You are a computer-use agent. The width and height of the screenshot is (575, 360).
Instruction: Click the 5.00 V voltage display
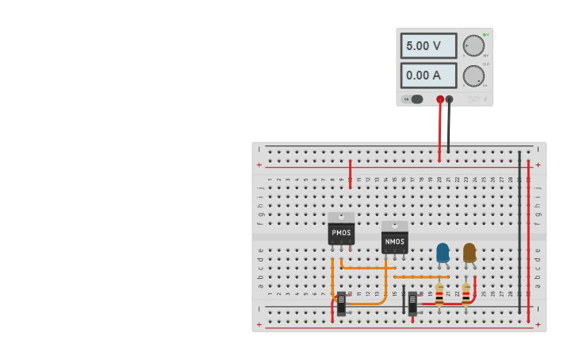tap(427, 46)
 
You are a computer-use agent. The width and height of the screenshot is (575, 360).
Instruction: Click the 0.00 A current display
tap(427, 75)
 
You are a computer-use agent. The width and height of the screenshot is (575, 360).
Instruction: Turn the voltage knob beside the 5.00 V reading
tap(473, 46)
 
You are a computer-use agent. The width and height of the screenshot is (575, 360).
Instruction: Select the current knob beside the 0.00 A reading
tap(473, 75)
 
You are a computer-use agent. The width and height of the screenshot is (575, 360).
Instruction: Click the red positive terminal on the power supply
tap(440, 99)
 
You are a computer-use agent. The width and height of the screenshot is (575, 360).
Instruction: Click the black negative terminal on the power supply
tap(450, 99)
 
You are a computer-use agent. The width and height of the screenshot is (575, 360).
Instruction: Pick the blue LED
tap(443, 253)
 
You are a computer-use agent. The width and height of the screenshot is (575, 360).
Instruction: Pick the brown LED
tap(470, 253)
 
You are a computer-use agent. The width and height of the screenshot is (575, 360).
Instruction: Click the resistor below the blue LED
tap(439, 294)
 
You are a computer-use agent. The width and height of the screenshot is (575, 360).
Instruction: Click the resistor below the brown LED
tap(466, 294)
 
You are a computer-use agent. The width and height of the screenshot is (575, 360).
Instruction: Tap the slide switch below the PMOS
tap(342, 304)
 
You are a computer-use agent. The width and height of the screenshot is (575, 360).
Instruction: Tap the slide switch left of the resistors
tap(412, 304)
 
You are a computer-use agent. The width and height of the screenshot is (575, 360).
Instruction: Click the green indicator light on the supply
tap(484, 35)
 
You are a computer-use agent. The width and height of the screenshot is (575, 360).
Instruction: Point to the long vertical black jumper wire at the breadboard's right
tap(519, 230)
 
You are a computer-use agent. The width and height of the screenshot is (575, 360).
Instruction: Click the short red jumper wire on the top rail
tap(350, 173)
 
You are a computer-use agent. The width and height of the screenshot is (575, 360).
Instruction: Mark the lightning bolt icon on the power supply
tap(485, 99)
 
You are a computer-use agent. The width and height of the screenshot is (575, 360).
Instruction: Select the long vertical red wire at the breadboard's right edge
tap(528, 238)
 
